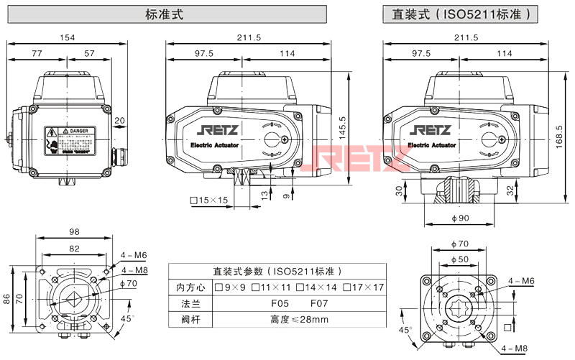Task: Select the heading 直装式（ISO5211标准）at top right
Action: coord(461,14)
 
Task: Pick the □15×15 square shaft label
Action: coord(208,200)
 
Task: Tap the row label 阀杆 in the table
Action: coord(185,320)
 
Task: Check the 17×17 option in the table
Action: coord(364,288)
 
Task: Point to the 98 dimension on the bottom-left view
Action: coord(75,231)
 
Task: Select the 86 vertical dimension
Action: coord(7,299)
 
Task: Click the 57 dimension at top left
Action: coord(89,53)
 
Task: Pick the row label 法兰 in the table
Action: coord(185,304)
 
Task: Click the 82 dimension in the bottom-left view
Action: coord(75,247)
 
